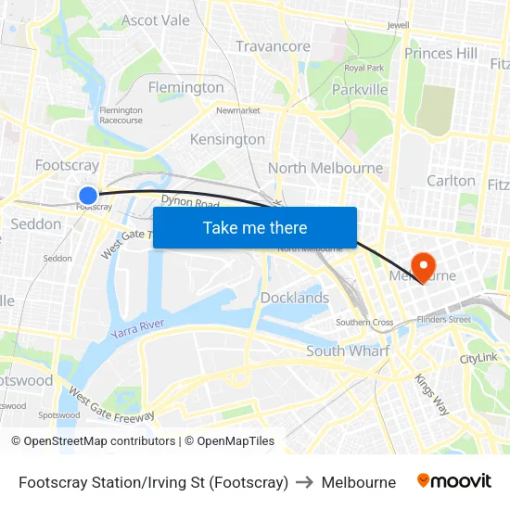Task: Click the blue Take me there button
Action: [x=255, y=227]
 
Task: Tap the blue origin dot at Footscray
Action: [x=88, y=195]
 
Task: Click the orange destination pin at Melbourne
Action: [x=422, y=267]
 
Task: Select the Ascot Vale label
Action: [x=156, y=20]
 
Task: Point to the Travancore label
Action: [x=273, y=46]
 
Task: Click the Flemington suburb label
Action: [x=186, y=87]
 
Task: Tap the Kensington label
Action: [x=227, y=139]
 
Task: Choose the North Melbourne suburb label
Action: [x=325, y=168]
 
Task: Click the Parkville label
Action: [x=360, y=90]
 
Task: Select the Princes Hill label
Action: [x=440, y=53]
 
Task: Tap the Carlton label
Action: [x=451, y=180]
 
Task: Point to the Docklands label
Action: [x=295, y=298]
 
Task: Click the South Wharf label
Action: [x=348, y=351]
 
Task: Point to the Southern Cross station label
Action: [x=364, y=323]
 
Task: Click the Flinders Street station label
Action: [x=443, y=319]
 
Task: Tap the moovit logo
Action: [x=454, y=481]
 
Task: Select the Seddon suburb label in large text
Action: [x=36, y=223]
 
